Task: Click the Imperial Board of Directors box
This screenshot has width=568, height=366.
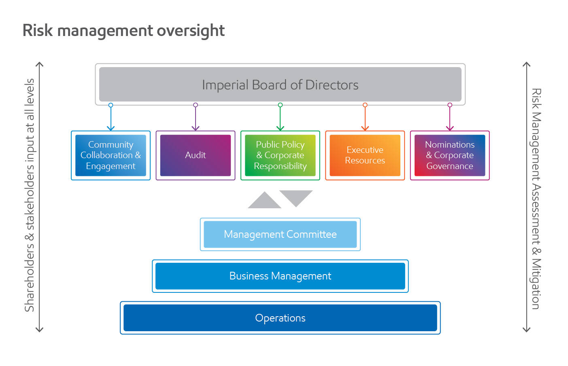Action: coord(280,85)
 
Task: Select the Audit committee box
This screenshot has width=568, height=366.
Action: coord(195,155)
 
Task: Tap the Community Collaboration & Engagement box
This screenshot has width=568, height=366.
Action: coord(111,155)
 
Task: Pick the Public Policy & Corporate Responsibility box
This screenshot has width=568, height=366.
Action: coord(280,155)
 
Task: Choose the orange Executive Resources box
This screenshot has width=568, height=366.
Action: coord(365,155)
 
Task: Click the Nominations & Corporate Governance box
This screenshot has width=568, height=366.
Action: coord(449,155)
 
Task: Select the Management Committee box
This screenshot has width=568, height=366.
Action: coord(280,235)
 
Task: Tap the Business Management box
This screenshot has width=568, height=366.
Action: coord(280,276)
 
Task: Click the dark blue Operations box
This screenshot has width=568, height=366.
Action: coord(280,318)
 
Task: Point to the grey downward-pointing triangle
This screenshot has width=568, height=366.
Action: coord(296,197)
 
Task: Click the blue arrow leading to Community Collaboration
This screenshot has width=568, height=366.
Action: coord(111,118)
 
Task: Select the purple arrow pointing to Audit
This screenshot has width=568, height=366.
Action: coord(196,118)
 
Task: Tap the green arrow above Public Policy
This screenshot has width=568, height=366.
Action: coord(280,118)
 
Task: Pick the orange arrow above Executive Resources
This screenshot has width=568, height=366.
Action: coord(365,118)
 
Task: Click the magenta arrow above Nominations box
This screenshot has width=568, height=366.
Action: coord(449,118)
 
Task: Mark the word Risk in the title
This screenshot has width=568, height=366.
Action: coord(37,31)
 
